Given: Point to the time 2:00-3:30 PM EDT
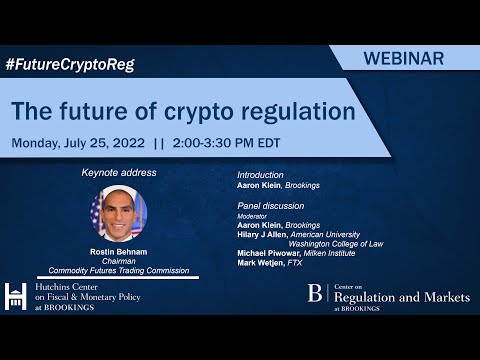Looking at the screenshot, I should (x=226, y=142).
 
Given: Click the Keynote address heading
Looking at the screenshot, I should (x=119, y=172).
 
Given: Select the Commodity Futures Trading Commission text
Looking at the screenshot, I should (x=119, y=270).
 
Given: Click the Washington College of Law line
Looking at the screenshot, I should (x=342, y=243).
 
